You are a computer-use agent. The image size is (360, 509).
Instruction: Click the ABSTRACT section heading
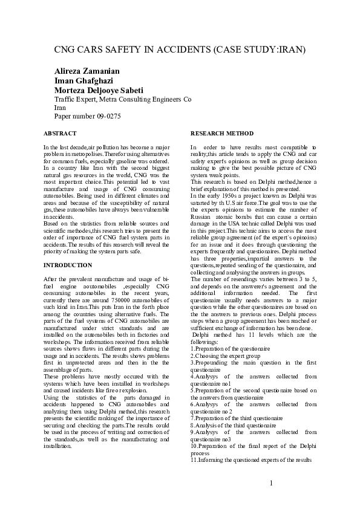tap(60, 132)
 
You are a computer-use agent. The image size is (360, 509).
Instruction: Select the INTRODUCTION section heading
tap(68, 265)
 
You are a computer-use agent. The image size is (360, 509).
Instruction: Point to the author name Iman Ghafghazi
tap(83, 80)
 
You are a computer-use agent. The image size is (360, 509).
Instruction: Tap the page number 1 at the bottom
tap(272, 482)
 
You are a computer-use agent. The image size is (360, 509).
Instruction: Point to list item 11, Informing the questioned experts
tap(250, 459)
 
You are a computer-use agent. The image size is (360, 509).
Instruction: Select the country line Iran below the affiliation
tap(60, 107)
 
